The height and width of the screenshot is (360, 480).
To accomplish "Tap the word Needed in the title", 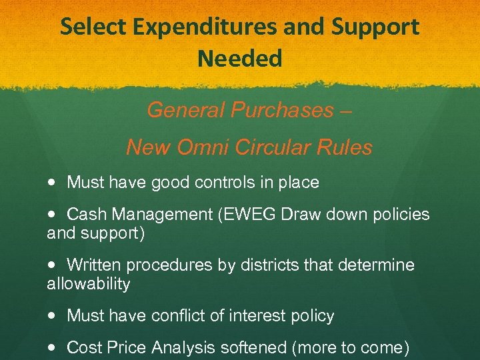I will [x=240, y=59].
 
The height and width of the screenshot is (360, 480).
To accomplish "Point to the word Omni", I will [x=197, y=147].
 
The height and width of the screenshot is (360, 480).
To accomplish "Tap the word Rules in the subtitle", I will [x=351, y=147].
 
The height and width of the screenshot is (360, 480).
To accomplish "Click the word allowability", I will [x=88, y=284].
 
